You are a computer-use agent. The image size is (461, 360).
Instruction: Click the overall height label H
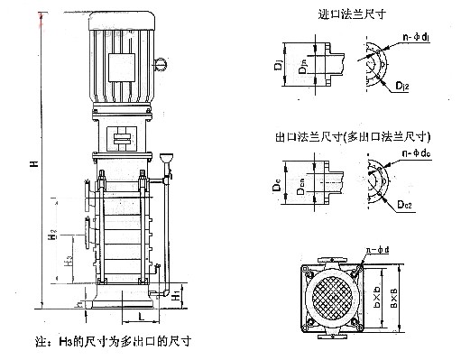[33, 164]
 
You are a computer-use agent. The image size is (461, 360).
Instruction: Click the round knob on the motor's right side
[162, 63]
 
